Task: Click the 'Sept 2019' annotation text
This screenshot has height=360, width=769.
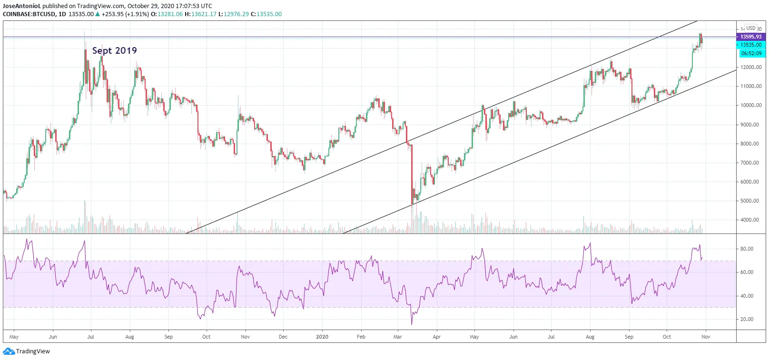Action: [x=114, y=50]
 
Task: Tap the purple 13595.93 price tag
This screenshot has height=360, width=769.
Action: [x=751, y=37]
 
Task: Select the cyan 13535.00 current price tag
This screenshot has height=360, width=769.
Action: [x=751, y=45]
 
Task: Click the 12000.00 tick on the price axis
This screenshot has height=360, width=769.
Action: [x=751, y=67]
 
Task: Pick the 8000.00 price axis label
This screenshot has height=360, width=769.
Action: [x=751, y=144]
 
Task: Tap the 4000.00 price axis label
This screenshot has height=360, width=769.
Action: [x=751, y=220]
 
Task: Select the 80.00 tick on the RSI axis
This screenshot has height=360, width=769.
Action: [x=747, y=249]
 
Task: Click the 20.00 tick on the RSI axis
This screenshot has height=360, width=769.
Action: [x=747, y=319]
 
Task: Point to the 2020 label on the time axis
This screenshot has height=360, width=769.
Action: [x=322, y=337]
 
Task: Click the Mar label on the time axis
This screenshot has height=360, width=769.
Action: [x=397, y=337]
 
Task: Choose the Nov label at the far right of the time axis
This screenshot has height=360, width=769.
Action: [x=706, y=337]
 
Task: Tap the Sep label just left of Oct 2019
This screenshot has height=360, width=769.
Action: [x=168, y=337]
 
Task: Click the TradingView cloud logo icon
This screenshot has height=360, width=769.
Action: [x=9, y=351]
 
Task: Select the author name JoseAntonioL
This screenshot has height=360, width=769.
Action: [x=22, y=6]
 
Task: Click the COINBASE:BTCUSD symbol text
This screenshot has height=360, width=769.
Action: [x=29, y=14]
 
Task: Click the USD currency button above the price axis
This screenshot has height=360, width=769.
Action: [x=751, y=28]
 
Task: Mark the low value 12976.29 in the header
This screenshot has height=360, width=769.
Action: [x=236, y=14]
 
